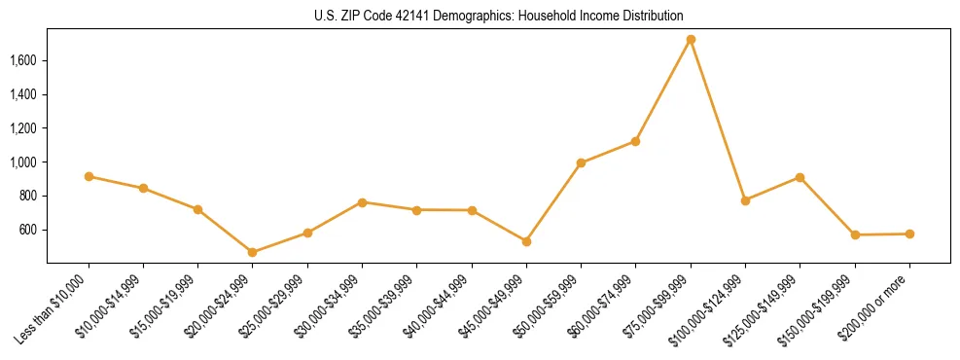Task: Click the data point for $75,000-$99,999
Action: (x=691, y=39)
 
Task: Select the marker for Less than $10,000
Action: (x=89, y=176)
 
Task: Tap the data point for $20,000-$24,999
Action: (x=253, y=252)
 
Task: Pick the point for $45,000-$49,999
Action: (x=526, y=241)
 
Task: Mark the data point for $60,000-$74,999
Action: (x=636, y=141)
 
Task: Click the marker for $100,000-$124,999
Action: (x=745, y=200)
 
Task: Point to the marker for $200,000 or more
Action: (x=909, y=234)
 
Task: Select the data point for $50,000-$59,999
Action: (x=581, y=162)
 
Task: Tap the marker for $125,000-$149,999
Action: (x=800, y=177)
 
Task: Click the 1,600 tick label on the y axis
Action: (x=22, y=60)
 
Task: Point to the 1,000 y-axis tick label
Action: (x=22, y=162)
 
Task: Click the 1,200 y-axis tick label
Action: (x=22, y=128)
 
